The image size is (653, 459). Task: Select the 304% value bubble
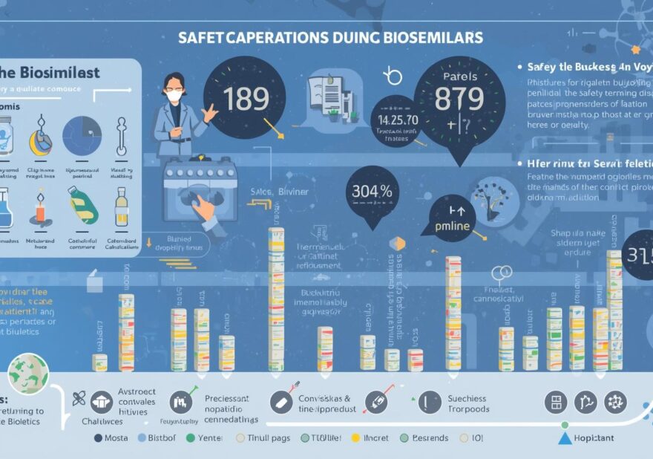(371, 190)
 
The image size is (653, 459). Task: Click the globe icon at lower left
(28, 374)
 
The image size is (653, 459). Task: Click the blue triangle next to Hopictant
(564, 438)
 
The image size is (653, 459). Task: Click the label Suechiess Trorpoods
(468, 403)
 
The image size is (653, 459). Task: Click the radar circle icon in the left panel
(82, 134)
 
